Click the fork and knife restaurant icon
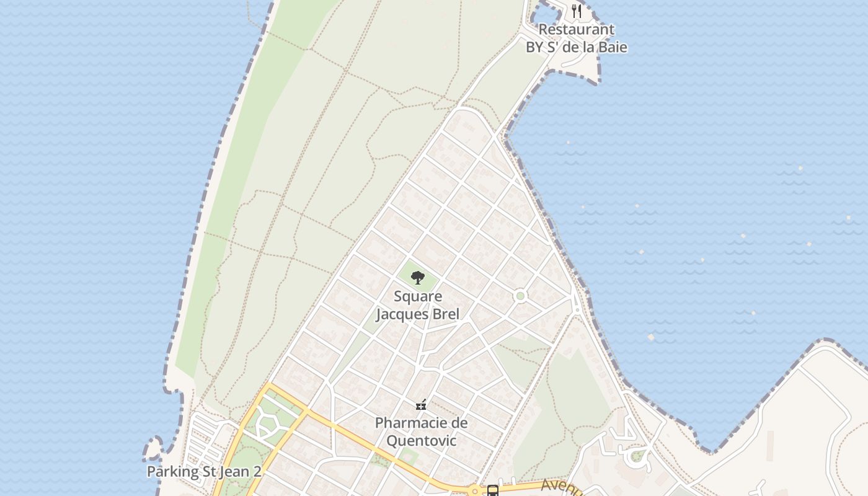pyautogui.click(x=577, y=11)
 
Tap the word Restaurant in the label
pyautogui.click(x=576, y=29)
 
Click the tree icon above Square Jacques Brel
pyautogui.click(x=418, y=277)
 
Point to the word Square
pyautogui.click(x=418, y=296)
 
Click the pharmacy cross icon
pyautogui.click(x=421, y=405)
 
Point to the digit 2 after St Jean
pyautogui.click(x=256, y=472)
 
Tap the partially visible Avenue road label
pyautogui.click(x=562, y=487)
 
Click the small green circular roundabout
pyautogui.click(x=520, y=296)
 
